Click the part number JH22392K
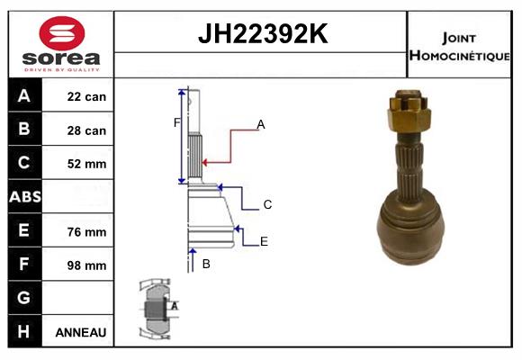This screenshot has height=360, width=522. coord(261,34)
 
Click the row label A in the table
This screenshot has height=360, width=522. coord(24,96)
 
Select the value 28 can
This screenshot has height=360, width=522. coord(86,130)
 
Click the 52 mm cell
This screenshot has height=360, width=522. coord(86,164)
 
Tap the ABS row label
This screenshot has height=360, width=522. coord(24,197)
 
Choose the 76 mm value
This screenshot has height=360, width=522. coord(86,231)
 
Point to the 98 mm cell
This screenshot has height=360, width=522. coord(86,265)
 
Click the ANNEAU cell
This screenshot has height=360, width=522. coord(81,332)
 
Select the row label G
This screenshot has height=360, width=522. coord(24,298)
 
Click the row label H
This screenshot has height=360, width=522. coord(24,331)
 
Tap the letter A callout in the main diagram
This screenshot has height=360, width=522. coord(261,124)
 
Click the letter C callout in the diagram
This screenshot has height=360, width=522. coord(267,205)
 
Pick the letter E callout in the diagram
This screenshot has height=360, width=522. coord(264,241)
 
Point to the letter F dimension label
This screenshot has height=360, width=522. coord(176,122)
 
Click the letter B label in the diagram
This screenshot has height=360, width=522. coord(206,264)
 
